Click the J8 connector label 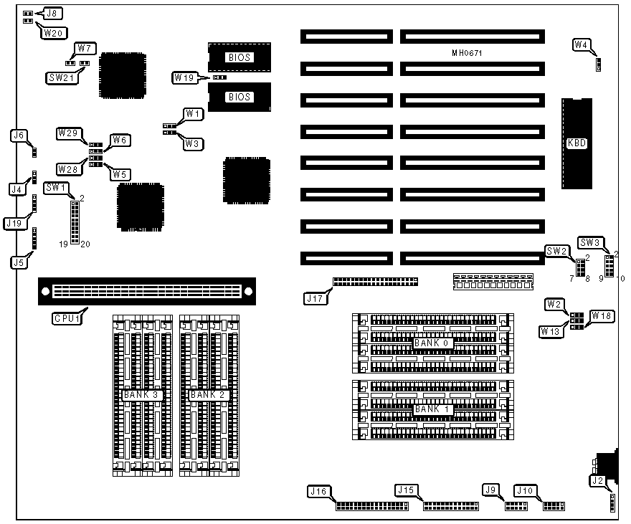pyautogui.click(x=54, y=12)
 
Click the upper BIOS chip pyautogui.click(x=239, y=57)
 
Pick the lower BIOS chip pyautogui.click(x=239, y=97)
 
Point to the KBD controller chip pyautogui.click(x=577, y=143)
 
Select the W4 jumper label pyautogui.click(x=582, y=45)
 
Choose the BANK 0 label pyautogui.click(x=431, y=343)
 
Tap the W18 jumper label pyautogui.click(x=602, y=316)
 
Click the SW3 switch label pyautogui.click(x=589, y=242)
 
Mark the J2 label pyautogui.click(x=598, y=480)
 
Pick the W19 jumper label pyautogui.click(x=185, y=77)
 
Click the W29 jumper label pyautogui.click(x=70, y=133)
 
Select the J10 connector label pyautogui.click(x=526, y=491)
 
